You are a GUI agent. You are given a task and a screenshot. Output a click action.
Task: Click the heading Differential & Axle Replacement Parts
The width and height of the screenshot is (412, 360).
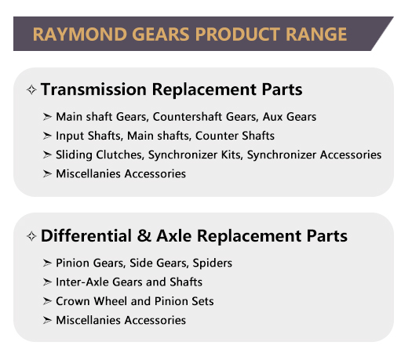tap(194, 235)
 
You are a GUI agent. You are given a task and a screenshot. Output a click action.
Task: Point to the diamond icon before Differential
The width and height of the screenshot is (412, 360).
tap(31, 236)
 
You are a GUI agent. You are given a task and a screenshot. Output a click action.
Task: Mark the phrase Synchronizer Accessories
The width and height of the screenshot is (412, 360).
tap(315, 155)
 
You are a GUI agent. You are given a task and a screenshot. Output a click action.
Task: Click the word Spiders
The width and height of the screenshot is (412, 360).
tap(213, 264)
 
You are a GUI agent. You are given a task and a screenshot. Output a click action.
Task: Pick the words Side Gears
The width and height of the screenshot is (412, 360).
tap(156, 264)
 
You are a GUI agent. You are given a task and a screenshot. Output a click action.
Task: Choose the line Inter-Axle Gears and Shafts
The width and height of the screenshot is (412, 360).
tap(129, 282)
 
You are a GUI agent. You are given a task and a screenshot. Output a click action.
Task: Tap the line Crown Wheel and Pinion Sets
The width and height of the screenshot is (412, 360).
tap(134, 301)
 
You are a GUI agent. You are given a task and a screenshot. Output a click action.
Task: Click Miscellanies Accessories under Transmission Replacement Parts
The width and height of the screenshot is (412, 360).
tap(121, 173)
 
